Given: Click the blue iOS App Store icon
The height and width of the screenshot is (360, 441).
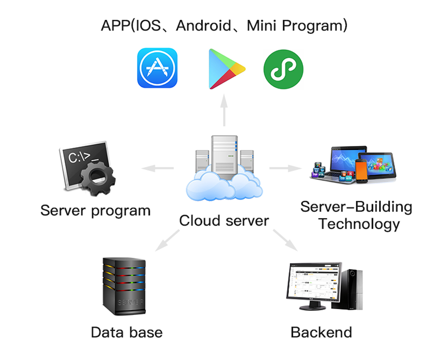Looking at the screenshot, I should click(157, 68).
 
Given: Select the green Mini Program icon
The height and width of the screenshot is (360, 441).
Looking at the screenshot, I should click(283, 69).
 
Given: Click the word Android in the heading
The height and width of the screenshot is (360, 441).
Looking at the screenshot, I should click(203, 26).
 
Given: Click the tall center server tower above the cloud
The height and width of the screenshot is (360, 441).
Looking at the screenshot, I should click(224, 156).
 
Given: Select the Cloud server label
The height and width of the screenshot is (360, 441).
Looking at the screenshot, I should click(224, 220).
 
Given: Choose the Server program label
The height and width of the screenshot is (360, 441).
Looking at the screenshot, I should click(95, 210).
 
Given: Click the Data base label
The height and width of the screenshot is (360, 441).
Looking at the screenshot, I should click(127, 332).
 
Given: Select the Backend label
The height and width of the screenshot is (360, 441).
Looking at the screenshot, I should click(321, 332).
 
